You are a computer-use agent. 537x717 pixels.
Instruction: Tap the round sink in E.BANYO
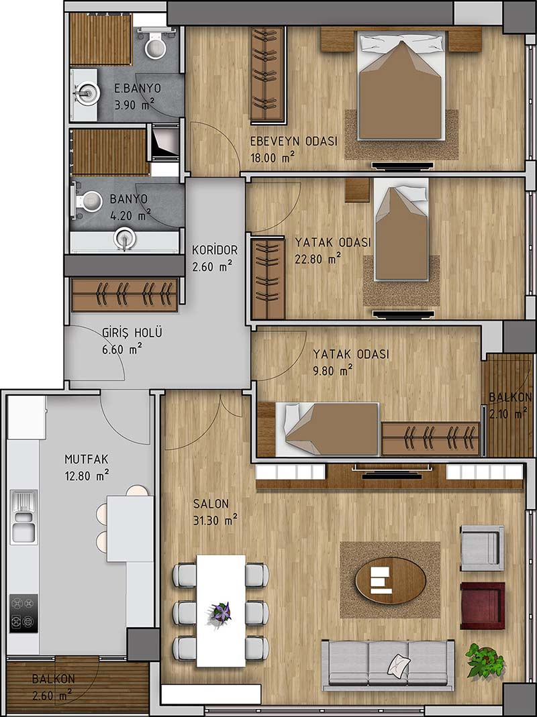(x=87, y=94)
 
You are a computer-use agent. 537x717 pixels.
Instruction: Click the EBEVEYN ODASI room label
(x=293, y=142)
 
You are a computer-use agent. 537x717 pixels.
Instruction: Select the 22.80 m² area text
(x=318, y=259)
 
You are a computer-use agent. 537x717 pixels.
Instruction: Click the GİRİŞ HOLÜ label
(x=132, y=333)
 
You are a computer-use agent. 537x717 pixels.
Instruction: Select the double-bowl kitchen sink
(x=24, y=516)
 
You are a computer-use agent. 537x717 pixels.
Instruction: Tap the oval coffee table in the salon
(x=391, y=580)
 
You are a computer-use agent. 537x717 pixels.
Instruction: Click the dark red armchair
(x=482, y=606)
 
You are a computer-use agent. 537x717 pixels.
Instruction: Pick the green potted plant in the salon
(x=485, y=660)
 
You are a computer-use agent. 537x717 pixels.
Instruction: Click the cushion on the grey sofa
(x=398, y=665)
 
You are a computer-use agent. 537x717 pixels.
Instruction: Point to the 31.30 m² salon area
(x=215, y=520)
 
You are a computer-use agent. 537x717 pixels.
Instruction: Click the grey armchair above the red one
(x=482, y=548)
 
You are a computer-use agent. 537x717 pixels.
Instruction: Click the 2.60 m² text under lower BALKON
(x=52, y=696)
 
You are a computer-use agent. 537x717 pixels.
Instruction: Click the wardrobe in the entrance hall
(x=125, y=295)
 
